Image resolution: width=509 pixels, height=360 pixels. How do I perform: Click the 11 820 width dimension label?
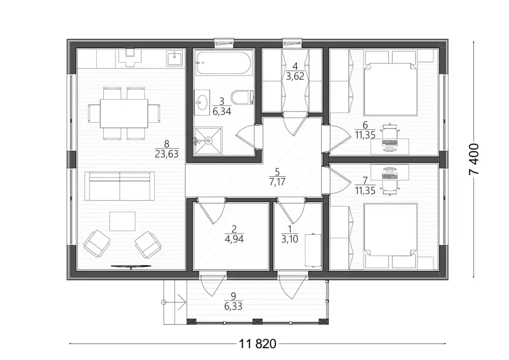click(x=258, y=343)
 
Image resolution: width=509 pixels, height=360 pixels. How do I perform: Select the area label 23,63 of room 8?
click(x=166, y=154)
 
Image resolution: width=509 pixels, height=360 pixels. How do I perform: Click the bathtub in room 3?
click(x=223, y=63)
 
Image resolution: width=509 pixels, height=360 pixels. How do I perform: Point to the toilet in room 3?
click(x=242, y=97)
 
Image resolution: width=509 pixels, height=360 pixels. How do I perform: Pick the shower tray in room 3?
click(x=208, y=140)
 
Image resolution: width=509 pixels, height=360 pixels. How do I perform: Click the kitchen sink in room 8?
click(x=175, y=59)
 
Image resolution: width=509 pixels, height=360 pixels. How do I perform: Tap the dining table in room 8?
click(x=124, y=114)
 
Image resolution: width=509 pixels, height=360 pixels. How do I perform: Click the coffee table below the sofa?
click(x=122, y=221)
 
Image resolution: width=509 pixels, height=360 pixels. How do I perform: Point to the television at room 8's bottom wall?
click(x=131, y=266)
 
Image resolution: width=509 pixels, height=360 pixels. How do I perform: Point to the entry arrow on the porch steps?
click(x=174, y=302)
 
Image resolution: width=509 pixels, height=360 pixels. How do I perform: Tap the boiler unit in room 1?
click(x=313, y=250)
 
